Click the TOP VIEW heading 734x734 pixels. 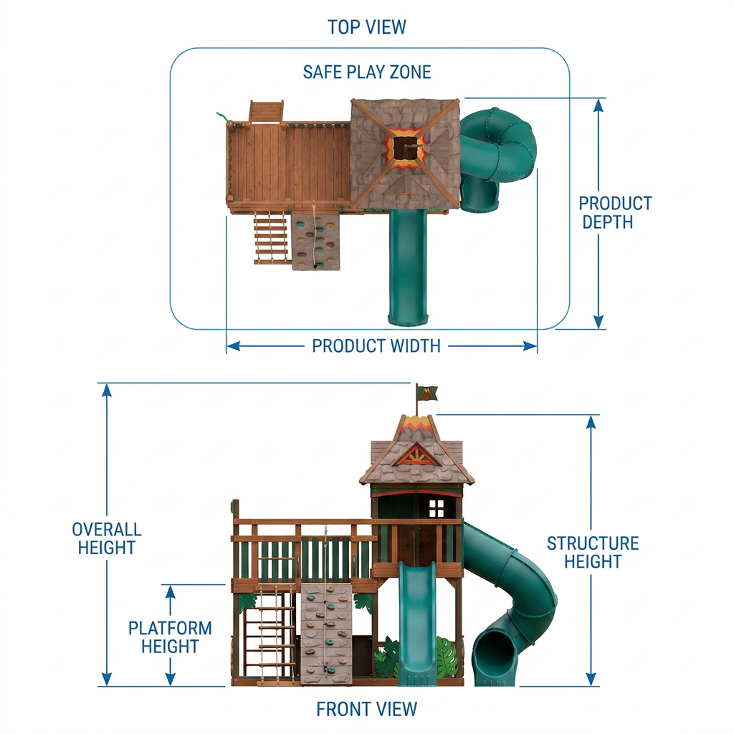366,27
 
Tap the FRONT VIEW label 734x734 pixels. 366,709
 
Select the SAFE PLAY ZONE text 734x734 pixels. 366,72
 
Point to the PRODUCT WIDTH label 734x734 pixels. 376,346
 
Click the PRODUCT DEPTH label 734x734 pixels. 615,212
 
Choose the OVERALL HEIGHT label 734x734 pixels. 107,538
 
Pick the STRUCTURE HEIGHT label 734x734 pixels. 593,552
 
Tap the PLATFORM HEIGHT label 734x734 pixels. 170,637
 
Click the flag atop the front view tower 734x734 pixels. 427,393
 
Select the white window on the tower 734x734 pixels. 437,508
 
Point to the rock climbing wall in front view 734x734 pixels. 326,635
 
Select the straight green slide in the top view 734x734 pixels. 409,267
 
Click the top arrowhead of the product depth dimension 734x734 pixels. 599,105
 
